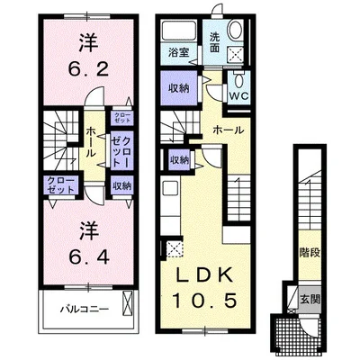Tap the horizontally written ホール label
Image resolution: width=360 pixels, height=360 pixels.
click(x=227, y=131)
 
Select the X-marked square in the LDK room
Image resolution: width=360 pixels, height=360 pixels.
click(x=174, y=249)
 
